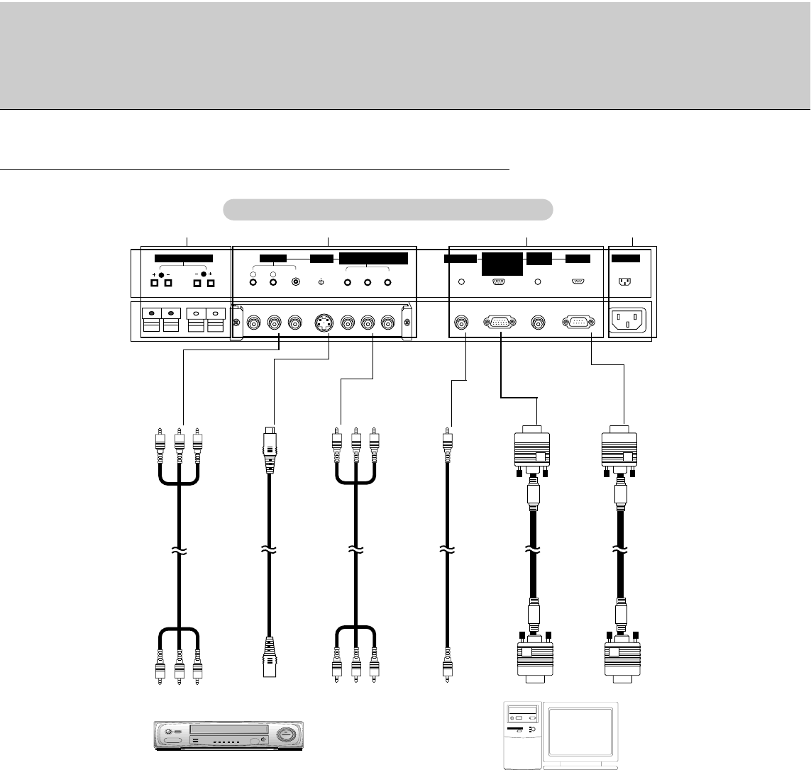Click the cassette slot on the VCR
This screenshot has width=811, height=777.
pyautogui.click(x=229, y=730)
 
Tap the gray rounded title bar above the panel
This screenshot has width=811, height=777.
pyautogui.click(x=387, y=210)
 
